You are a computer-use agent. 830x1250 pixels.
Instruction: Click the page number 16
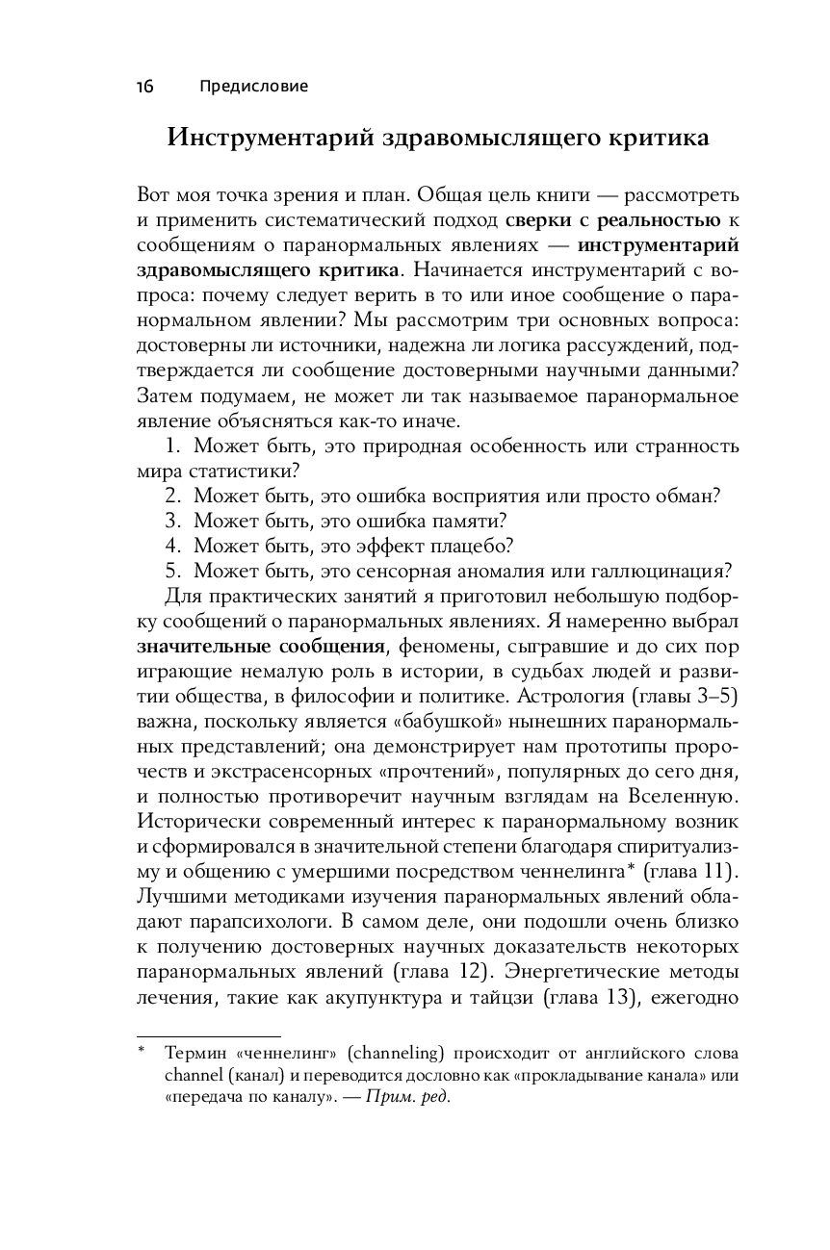tap(144, 87)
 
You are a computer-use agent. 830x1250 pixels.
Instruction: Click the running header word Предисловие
tap(254, 87)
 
